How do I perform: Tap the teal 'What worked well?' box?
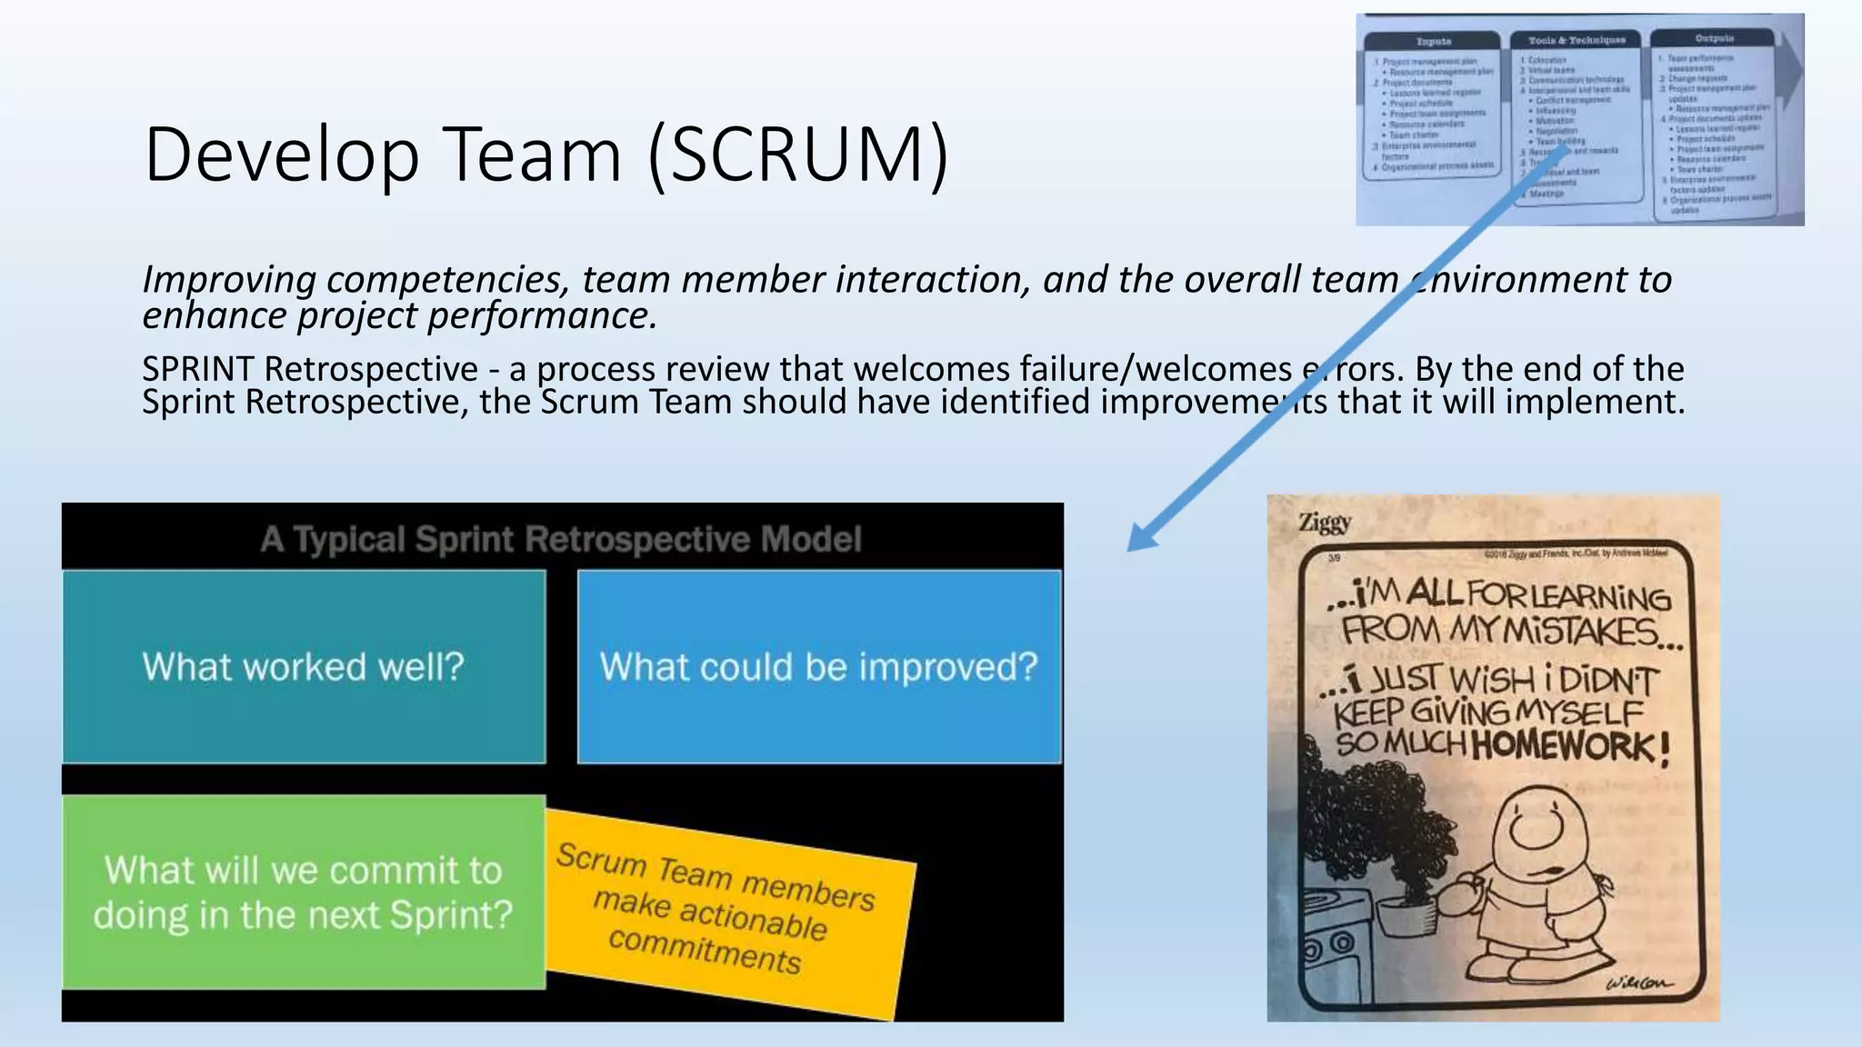(x=304, y=667)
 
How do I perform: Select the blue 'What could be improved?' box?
(x=818, y=667)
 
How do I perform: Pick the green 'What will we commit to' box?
(x=304, y=892)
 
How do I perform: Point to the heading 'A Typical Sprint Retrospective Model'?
(x=561, y=539)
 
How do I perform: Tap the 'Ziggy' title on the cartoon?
(x=1325, y=523)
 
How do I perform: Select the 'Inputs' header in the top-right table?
(x=1434, y=42)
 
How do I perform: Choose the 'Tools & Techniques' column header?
(x=1577, y=40)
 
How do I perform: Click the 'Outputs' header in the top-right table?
(x=1714, y=38)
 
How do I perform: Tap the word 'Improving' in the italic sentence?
(x=229, y=280)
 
